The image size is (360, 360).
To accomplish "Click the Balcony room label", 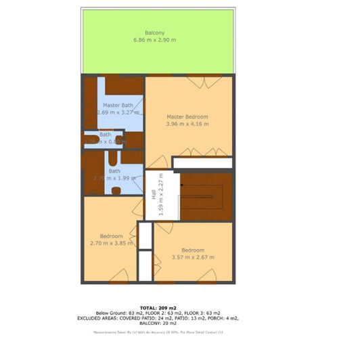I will point(154,32).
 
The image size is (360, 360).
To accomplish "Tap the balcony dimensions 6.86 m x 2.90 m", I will point(154,41).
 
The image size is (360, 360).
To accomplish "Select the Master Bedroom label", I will point(187,116).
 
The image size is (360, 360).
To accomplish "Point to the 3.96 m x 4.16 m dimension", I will point(187,125).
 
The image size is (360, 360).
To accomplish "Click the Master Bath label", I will point(117,106).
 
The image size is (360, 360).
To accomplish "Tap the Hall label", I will point(154,194).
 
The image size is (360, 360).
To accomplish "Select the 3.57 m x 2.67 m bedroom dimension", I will point(193,257).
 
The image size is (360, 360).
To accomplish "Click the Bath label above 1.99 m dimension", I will point(114,171).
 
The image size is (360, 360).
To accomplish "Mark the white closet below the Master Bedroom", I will point(203,163).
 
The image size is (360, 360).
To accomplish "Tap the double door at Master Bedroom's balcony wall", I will point(204,82).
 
